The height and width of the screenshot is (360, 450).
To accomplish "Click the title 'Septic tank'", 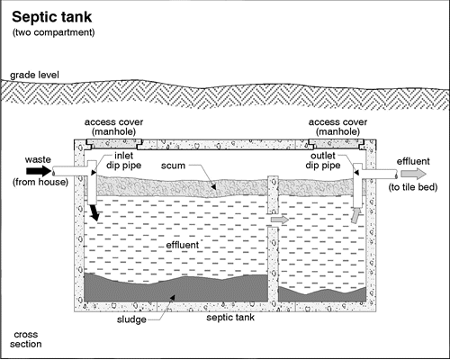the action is point(51,18).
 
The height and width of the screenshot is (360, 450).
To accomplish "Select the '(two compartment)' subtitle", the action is point(53,32).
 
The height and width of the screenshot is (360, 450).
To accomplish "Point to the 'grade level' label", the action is point(34,75).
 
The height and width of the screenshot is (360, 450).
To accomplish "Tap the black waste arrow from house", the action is point(39,171).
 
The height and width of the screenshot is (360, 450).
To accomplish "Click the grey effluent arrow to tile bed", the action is point(413,174).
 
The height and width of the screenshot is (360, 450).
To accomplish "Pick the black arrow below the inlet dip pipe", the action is point(94,211).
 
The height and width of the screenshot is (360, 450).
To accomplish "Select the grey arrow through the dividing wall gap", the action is point(280,220).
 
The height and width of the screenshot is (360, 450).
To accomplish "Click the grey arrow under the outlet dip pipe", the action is point(355,216).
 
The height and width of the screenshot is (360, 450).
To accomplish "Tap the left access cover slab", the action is point(114,144).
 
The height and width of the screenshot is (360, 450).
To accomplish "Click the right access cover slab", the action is point(337,144).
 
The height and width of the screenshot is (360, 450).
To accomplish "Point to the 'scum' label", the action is point(173,166).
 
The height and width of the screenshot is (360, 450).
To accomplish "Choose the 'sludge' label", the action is point(131,319).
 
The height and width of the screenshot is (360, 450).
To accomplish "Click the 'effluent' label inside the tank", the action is point(183,245).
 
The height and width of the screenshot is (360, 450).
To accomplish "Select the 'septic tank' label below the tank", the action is point(230,318).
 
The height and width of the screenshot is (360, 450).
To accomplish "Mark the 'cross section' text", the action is point(26,339).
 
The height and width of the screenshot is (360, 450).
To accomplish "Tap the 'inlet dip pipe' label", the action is point(123,161).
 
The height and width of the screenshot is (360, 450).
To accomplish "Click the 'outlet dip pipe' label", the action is point(323,161).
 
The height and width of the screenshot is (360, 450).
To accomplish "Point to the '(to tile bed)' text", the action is point(413,187).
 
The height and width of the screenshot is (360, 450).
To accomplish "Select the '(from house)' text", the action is point(40,182).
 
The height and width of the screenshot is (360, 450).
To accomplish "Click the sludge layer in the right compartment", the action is point(322,295).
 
